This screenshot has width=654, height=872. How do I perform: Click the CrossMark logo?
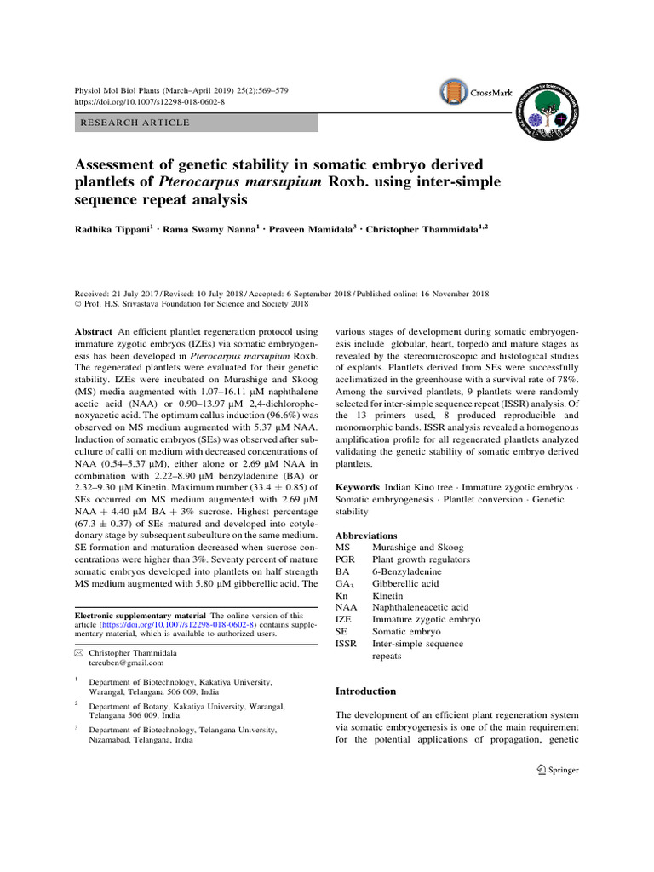click(x=476, y=92)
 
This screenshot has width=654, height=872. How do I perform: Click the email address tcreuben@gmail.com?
click(x=126, y=662)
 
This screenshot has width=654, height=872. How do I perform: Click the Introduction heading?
click(x=366, y=691)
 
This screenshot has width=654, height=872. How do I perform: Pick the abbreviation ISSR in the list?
click(x=346, y=644)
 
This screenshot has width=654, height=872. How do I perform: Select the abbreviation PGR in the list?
click(x=345, y=559)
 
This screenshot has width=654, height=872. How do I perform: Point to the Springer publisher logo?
click(x=554, y=770)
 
